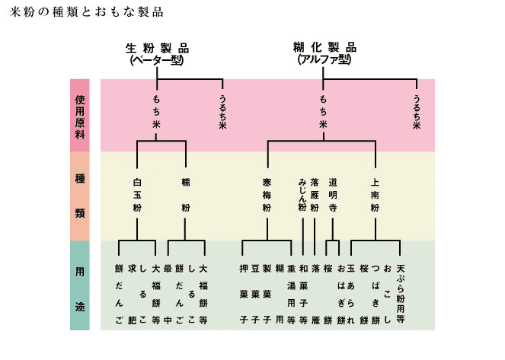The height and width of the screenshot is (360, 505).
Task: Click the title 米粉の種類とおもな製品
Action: [x=82, y=13]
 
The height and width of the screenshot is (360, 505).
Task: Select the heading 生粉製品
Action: [x=156, y=47]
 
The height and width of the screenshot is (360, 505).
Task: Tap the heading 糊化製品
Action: [x=324, y=47]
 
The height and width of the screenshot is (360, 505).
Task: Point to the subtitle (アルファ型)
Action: [x=324, y=59]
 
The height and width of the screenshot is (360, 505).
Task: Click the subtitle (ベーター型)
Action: [x=156, y=59]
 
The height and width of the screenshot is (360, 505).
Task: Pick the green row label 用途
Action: [x=81, y=285]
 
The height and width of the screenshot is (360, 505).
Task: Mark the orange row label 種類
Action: [x=81, y=196]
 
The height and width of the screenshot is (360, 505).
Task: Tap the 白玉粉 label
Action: [x=138, y=195]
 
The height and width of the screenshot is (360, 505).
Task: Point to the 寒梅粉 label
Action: [x=267, y=195]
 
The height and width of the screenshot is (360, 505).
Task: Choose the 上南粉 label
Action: [x=375, y=195]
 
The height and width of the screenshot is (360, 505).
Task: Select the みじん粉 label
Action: [x=302, y=195]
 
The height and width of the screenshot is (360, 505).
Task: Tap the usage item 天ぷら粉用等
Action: [x=400, y=294]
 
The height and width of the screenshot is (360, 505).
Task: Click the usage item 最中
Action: [x=168, y=294]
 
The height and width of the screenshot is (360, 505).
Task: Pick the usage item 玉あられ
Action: [x=350, y=294]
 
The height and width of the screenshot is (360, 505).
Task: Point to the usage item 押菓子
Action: [x=244, y=294]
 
